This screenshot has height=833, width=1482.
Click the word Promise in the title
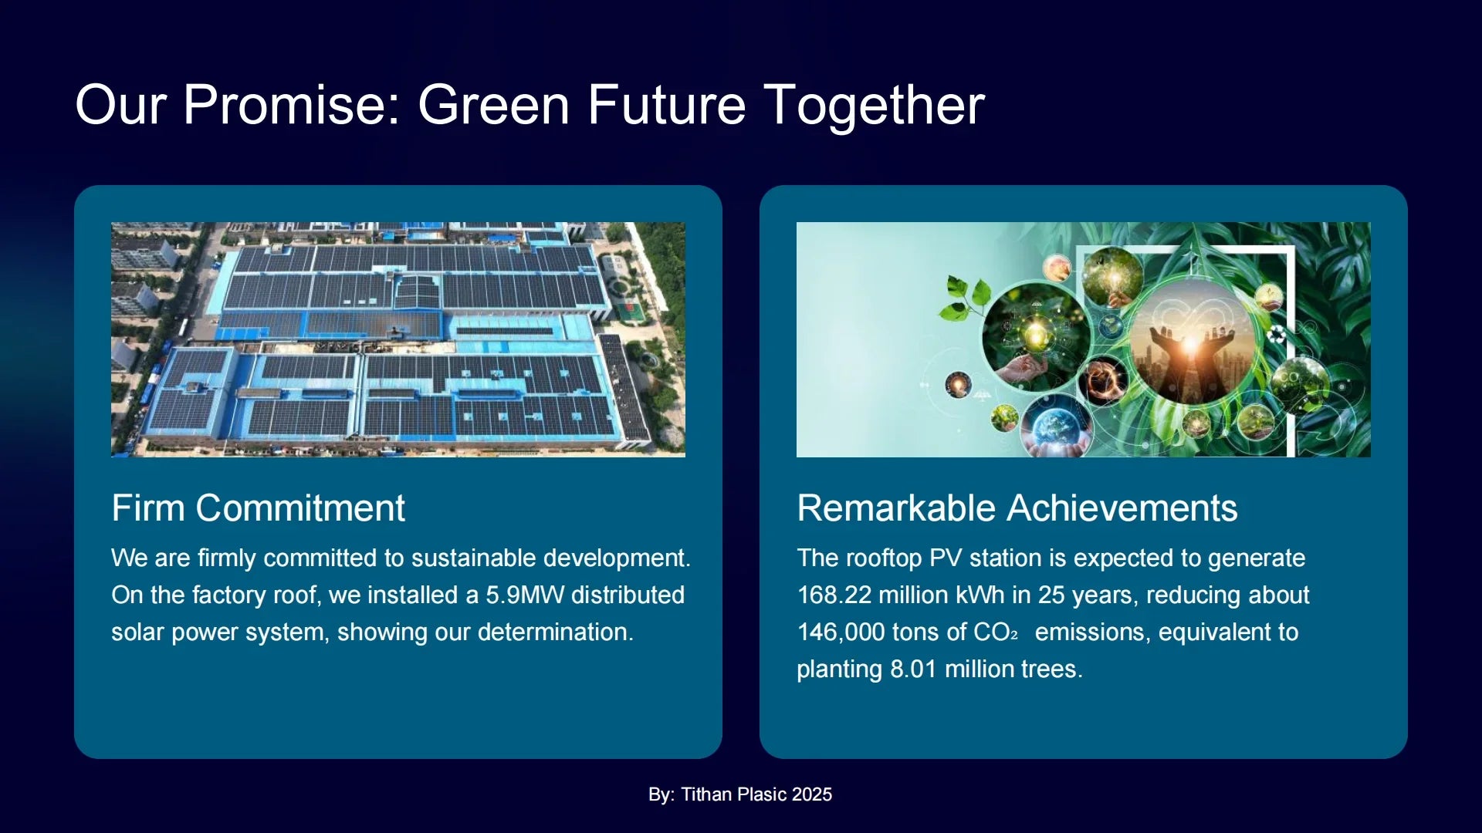click(292, 105)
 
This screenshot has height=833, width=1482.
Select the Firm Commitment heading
click(258, 508)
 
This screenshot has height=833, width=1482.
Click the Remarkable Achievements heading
click(1017, 508)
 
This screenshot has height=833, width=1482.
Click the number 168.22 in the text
click(834, 595)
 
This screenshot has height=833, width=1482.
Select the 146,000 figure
click(841, 632)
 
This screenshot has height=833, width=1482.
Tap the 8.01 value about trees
click(913, 669)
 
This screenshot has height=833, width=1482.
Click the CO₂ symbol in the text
click(996, 632)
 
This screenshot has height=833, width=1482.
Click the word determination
click(555, 632)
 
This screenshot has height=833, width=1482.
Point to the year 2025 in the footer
click(812, 794)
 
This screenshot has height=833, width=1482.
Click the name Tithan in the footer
click(706, 794)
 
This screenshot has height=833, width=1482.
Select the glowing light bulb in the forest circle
click(1037, 336)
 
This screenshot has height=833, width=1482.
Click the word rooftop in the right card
click(884, 558)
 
